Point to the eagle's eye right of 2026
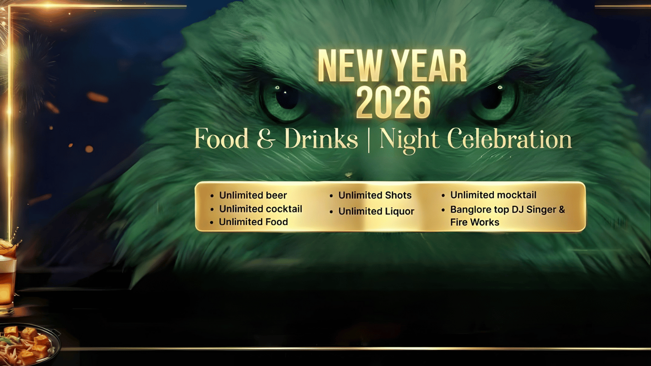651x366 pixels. pos(494,100)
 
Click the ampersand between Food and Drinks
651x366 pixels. pos(266,139)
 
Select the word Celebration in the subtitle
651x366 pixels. pos(509,139)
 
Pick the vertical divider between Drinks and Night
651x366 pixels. pos(369,140)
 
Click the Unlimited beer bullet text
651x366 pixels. pos(253,195)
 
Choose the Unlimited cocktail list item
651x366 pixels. pos(261,209)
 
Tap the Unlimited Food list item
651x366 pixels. pos(253,222)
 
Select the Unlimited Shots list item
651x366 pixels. pos(375,195)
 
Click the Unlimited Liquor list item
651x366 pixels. pos(376,211)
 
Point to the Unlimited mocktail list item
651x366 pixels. pos(493,195)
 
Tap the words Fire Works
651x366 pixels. pos(474,222)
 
